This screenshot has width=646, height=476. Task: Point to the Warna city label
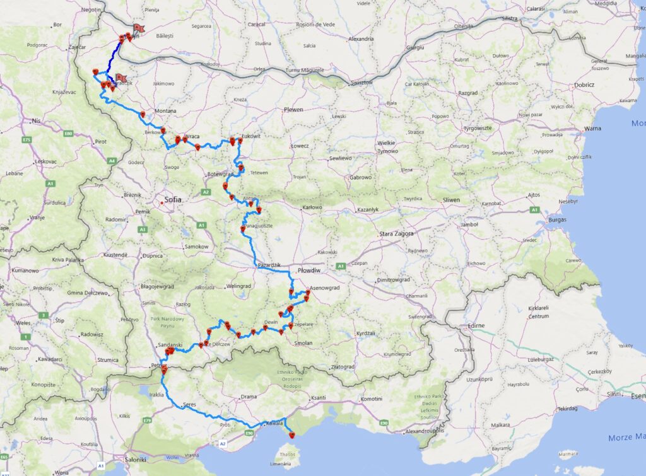click(x=593, y=128)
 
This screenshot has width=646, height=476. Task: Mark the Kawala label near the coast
click(x=274, y=423)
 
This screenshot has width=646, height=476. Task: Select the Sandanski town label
click(x=170, y=345)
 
